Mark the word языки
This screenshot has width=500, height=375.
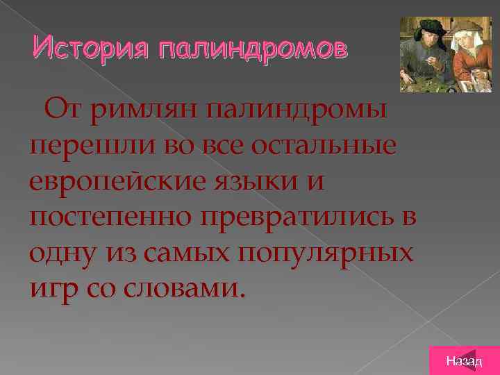(267, 183)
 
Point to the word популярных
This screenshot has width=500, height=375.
(326, 253)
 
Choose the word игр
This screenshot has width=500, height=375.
(56, 288)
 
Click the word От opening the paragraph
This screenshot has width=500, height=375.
(63, 112)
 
